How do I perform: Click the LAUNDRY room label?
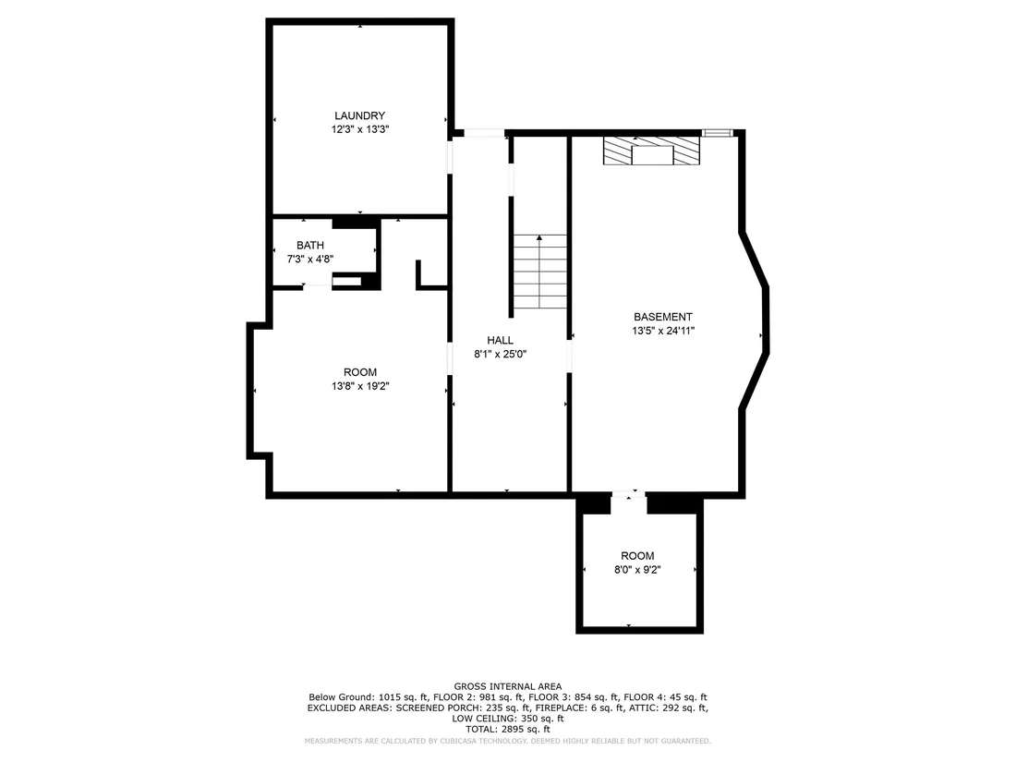(359, 116)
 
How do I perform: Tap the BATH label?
(310, 246)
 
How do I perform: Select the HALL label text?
(501, 340)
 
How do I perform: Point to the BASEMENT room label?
(663, 317)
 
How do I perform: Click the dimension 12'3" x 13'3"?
(359, 129)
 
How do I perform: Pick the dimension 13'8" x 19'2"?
(360, 386)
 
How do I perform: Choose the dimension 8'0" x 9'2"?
(637, 570)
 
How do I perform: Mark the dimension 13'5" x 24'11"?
(663, 331)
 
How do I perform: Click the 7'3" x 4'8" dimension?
(310, 260)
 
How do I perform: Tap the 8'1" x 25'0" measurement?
(501, 355)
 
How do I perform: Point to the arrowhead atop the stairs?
(539, 237)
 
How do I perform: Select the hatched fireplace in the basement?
(652, 151)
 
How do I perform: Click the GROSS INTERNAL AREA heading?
(508, 686)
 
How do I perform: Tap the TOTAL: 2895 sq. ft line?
(508, 729)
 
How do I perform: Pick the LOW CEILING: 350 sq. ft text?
(508, 719)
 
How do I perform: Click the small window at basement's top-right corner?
(718, 134)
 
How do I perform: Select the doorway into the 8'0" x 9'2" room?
(628, 496)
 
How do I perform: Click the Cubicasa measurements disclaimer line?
(508, 741)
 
